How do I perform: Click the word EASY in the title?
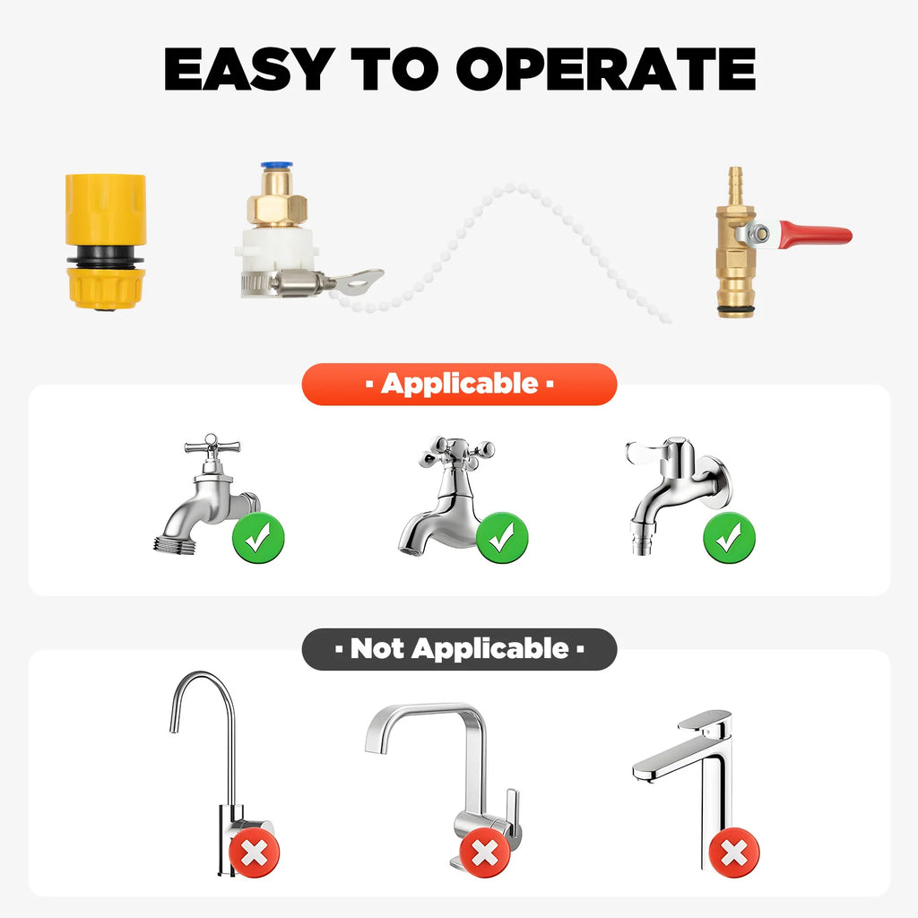tap(249, 69)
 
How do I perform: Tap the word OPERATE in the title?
tap(606, 69)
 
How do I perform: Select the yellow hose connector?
tap(105, 241)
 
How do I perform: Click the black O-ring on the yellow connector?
tap(106, 258)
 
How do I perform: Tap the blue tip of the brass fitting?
tap(276, 167)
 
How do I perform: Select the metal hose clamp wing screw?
tap(351, 281)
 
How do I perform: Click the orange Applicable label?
tap(460, 384)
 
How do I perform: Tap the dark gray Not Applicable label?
tap(460, 649)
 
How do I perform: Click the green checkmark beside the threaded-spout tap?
tap(258, 538)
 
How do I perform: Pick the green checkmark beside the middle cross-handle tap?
tap(502, 538)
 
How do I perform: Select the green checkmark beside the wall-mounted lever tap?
tap(729, 538)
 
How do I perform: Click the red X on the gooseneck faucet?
tap(254, 853)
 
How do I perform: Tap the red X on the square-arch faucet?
tap(485, 853)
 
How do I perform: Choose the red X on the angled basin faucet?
tap(734, 853)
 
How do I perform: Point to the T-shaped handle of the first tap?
tap(212, 446)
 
